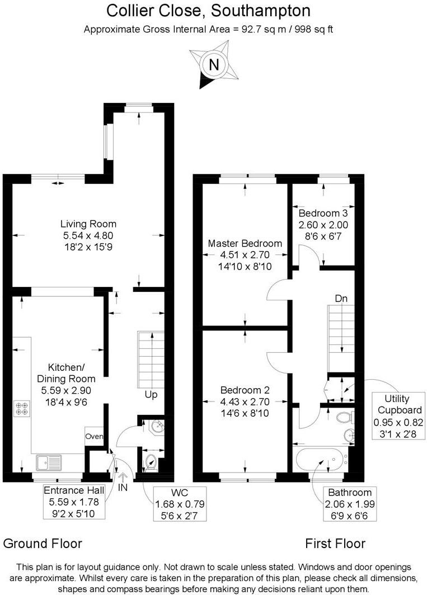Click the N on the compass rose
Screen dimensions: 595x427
pos(214,64)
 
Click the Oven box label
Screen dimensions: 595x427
pos(92,436)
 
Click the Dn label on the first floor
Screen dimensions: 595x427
pos(341,299)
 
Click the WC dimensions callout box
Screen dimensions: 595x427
pos(179,504)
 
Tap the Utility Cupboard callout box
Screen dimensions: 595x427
pos(398,417)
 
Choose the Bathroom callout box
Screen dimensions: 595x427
pos(350,503)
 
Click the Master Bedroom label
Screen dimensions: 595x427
pos(245,254)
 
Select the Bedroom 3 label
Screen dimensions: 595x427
pos(323,224)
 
